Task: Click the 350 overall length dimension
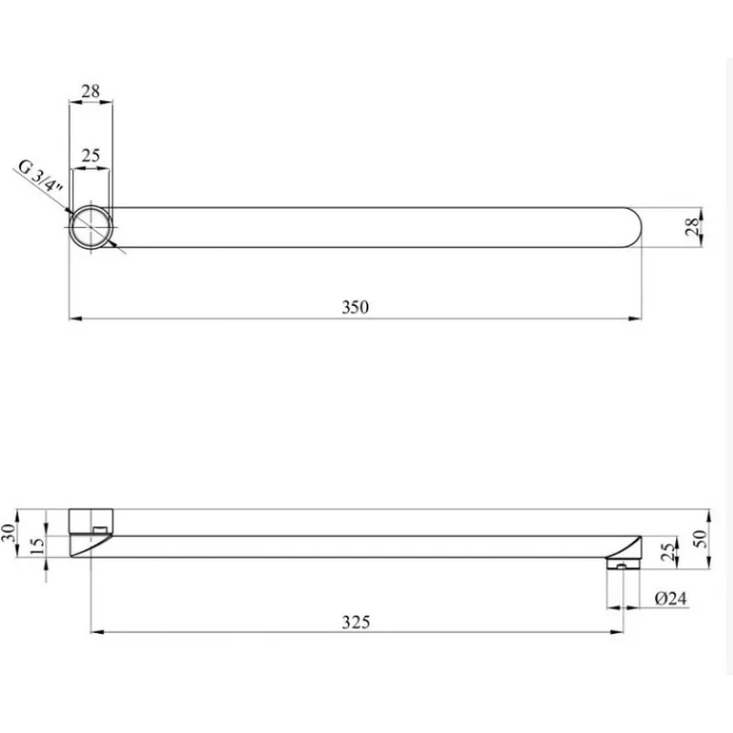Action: click(356, 308)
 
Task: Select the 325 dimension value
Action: click(356, 621)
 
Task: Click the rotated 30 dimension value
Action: click(11, 534)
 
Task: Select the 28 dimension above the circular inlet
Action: click(91, 92)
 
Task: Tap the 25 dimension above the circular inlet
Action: click(91, 156)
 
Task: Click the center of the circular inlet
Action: click(92, 226)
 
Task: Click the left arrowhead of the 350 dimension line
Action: click(74, 319)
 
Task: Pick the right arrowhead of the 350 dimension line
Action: click(637, 319)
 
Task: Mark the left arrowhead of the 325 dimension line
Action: click(95, 631)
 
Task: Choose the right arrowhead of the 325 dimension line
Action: click(621, 631)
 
